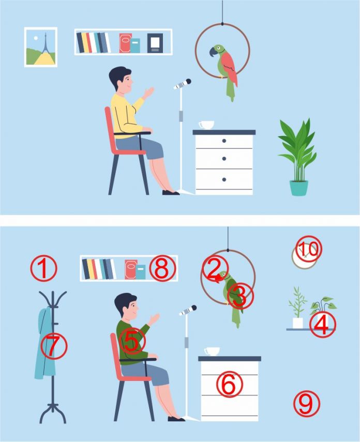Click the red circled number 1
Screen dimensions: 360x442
point(43,268)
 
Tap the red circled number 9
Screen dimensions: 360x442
point(307,404)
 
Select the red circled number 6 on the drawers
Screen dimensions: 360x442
point(229,384)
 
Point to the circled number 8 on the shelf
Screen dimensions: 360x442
point(162,268)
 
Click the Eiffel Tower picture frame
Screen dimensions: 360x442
point(41,47)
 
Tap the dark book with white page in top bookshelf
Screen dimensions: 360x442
point(155,43)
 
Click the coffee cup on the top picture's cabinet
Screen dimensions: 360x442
point(206,125)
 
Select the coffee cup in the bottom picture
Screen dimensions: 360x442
point(212,351)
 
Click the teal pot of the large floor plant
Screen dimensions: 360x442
point(299,188)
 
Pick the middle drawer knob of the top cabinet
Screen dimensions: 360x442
point(224,159)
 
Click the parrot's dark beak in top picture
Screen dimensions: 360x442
point(213,52)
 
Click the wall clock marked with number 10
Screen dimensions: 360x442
point(304,256)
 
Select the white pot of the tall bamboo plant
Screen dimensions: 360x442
point(297,323)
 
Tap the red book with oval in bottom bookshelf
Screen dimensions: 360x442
point(131,270)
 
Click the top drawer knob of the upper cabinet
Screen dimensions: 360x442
point(224,141)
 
